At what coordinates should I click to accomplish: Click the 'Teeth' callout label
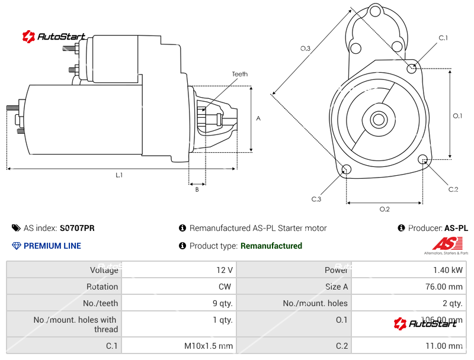click(x=240, y=74)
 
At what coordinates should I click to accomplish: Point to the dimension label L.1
click(x=119, y=175)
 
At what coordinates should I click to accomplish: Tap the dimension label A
click(x=258, y=118)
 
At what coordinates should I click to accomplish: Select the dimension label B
click(x=197, y=189)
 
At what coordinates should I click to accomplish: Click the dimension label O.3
click(x=305, y=49)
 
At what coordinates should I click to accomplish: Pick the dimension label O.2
click(x=385, y=209)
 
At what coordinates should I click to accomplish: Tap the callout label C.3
click(x=316, y=199)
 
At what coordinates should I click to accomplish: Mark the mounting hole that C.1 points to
click(x=412, y=68)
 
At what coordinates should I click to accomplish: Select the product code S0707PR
click(x=77, y=228)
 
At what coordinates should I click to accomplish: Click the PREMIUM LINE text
click(x=52, y=246)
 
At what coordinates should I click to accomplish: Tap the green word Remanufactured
click(x=271, y=246)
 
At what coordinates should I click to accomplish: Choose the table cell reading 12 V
click(x=225, y=270)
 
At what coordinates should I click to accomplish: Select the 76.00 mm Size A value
click(x=444, y=287)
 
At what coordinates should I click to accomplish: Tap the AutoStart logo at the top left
click(x=54, y=37)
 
